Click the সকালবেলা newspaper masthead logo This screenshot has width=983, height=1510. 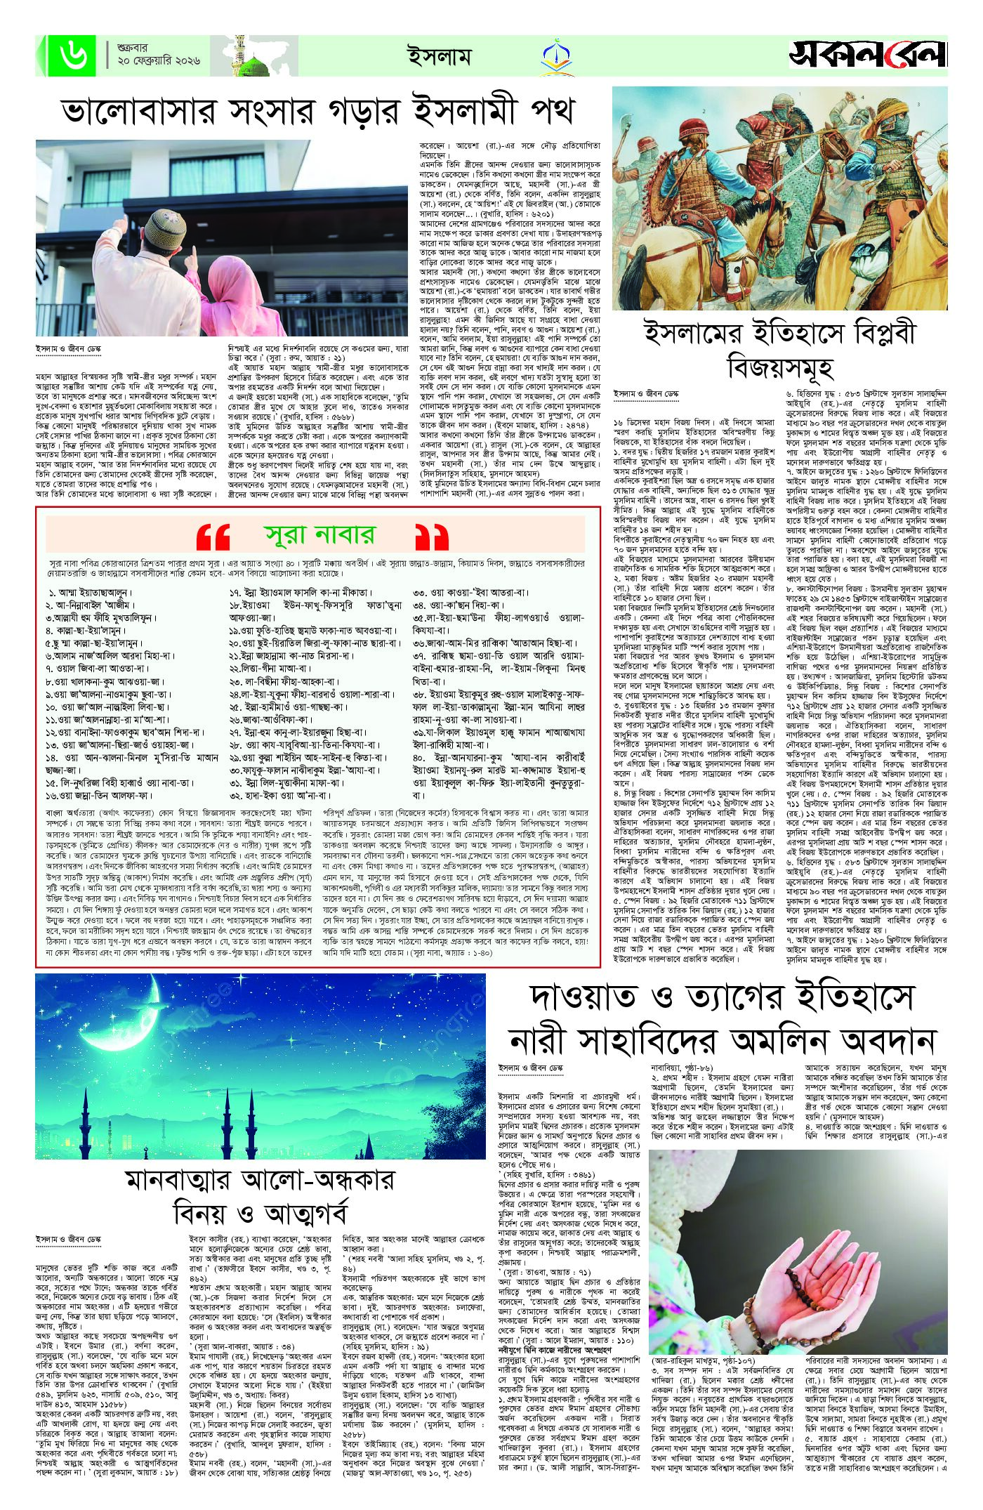[x=867, y=55]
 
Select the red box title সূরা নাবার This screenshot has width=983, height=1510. [x=319, y=536]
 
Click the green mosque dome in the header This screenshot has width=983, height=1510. [x=255, y=67]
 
